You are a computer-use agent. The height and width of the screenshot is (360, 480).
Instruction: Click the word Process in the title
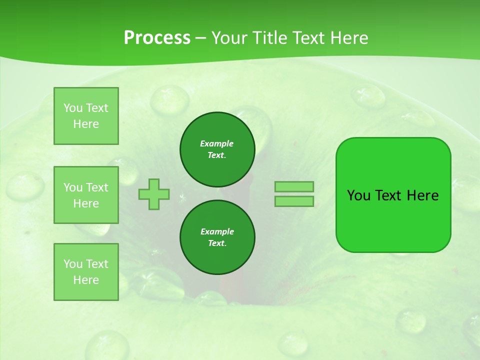pos(157,38)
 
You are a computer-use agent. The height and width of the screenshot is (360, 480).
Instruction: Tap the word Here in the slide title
pos(347,38)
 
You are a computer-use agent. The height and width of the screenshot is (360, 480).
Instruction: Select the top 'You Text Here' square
pos(86,116)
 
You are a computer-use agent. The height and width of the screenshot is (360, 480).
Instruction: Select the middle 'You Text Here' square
pos(86,195)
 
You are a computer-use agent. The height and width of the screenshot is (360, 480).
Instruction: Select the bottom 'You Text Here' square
pos(86,272)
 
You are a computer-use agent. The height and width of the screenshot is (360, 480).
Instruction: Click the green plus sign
pos(154,194)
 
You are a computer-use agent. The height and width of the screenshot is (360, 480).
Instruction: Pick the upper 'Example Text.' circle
pos(217,149)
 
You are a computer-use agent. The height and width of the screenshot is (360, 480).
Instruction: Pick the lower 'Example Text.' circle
pos(217,237)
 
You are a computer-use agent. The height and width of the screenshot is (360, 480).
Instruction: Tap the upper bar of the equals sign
pos(294,187)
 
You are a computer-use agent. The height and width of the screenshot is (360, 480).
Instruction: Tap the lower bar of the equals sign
pos(294,201)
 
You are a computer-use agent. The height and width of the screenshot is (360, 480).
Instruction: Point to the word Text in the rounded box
pos(389,195)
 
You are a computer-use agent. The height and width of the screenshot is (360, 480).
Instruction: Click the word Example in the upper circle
pos(216,143)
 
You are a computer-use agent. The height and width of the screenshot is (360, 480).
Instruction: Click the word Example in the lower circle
pos(217,231)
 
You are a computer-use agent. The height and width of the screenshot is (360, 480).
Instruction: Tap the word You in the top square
pos(73,108)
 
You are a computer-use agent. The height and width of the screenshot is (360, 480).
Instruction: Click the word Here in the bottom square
pos(86,280)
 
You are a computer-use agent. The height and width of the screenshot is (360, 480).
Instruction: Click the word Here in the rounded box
pos(422,195)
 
